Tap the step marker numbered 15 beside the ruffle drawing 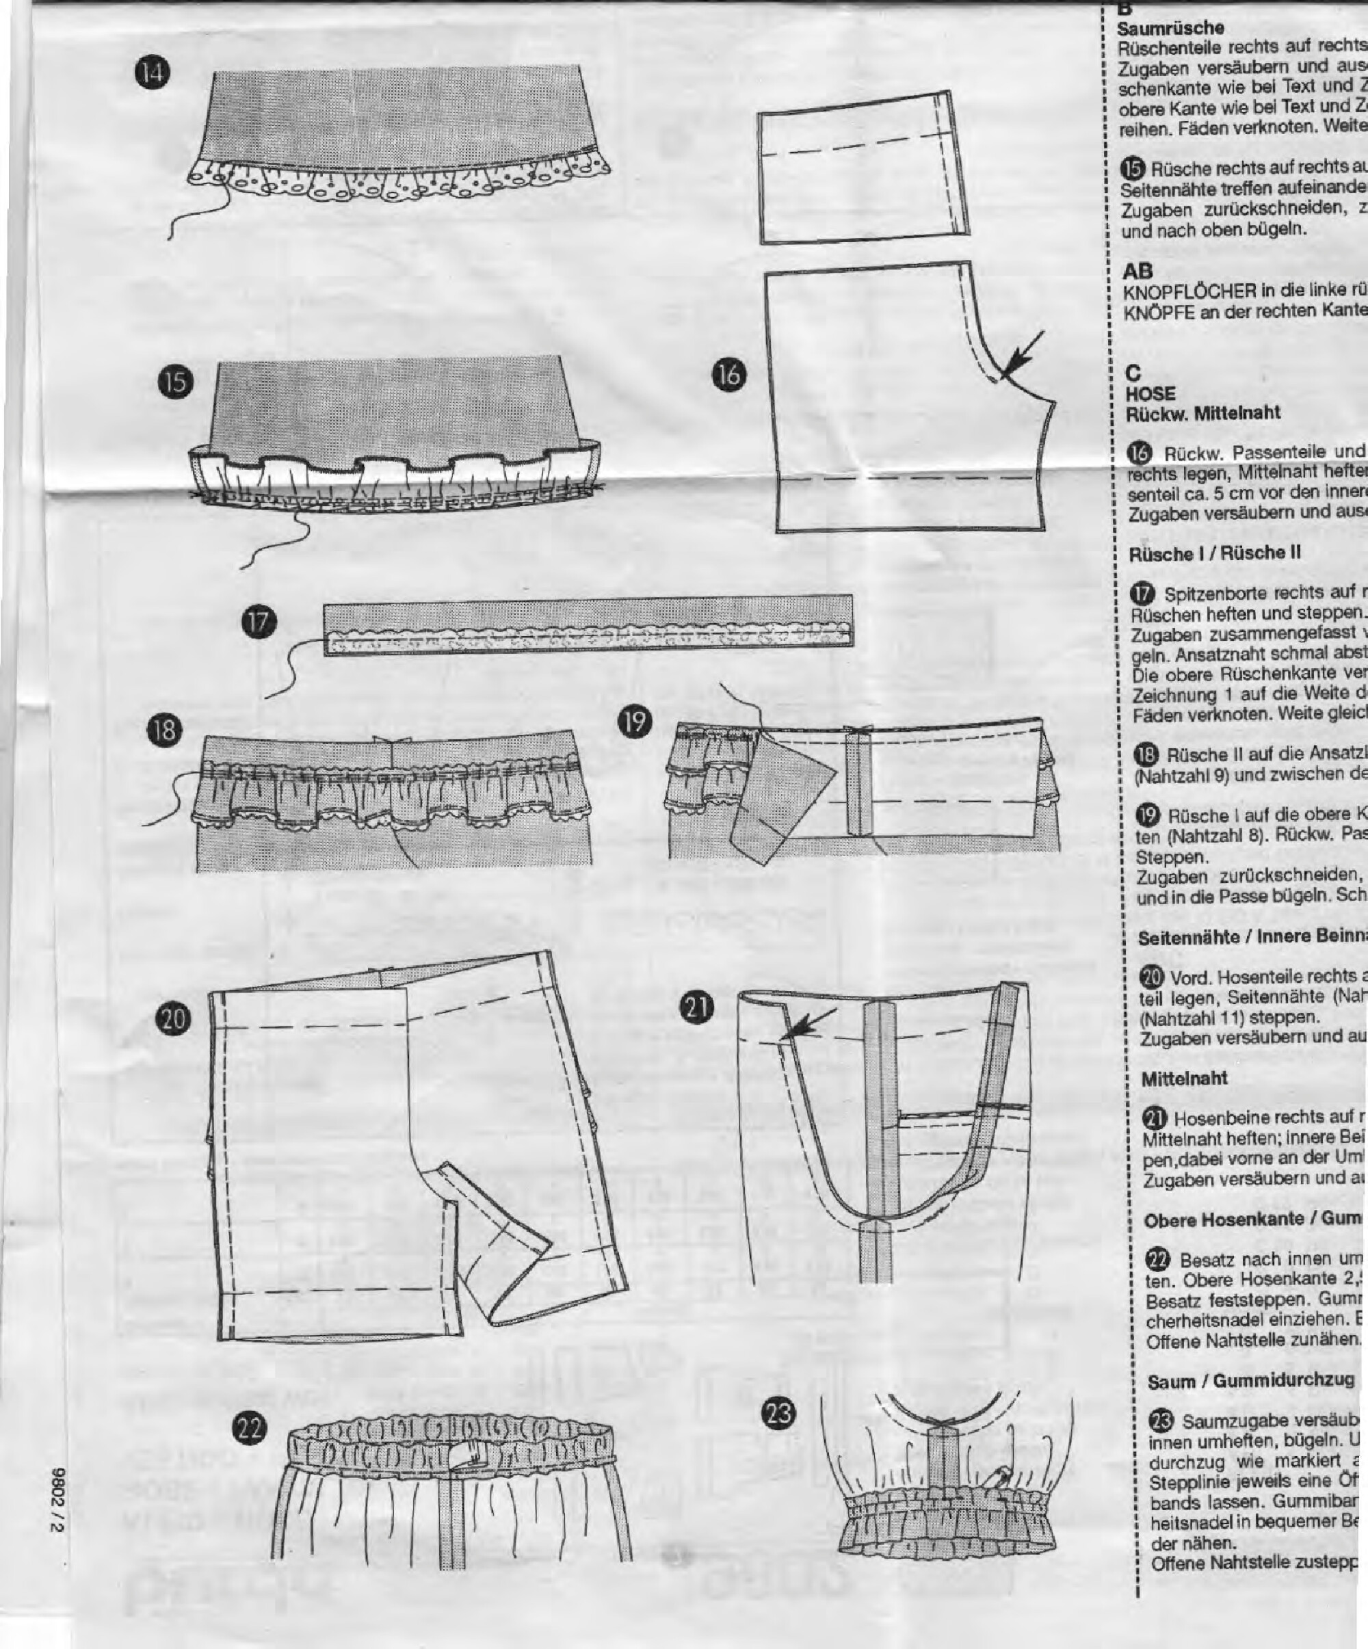179,382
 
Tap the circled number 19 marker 636,721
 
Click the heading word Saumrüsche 1163,28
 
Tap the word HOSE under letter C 1150,393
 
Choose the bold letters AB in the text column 1138,272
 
